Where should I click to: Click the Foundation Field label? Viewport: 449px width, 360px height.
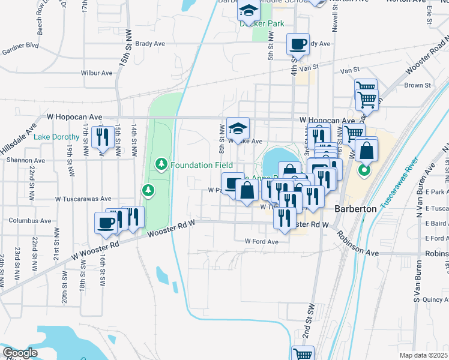pyautogui.click(x=191, y=165)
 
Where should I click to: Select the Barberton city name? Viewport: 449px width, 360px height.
pyautogui.click(x=355, y=209)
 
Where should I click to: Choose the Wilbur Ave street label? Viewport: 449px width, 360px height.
pyautogui.click(x=97, y=73)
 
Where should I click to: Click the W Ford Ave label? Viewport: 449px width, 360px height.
pyautogui.click(x=262, y=241)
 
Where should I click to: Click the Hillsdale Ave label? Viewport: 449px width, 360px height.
pyautogui.click(x=19, y=140)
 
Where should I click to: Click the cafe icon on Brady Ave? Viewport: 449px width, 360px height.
pyautogui.click(x=298, y=44)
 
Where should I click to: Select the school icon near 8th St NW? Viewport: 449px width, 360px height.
pyautogui.click(x=238, y=127)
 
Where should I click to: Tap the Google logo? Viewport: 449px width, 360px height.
pyautogui.click(x=19, y=353)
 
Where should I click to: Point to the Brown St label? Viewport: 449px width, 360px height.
pyautogui.click(x=414, y=85)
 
